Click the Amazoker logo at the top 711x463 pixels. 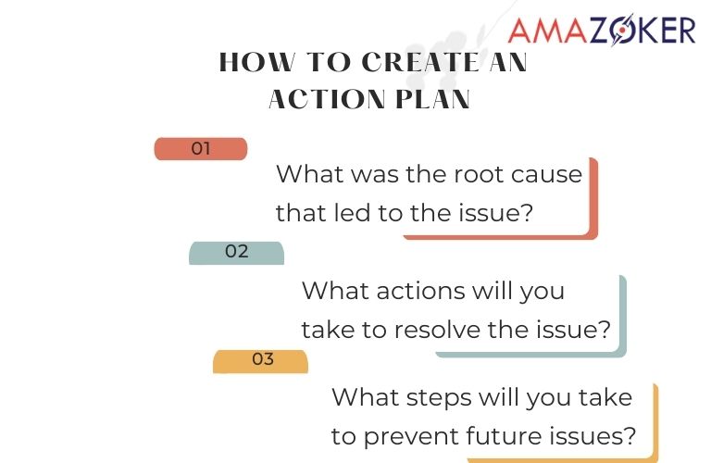(602, 30)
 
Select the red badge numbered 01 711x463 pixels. (201, 148)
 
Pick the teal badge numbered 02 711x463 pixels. (237, 252)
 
